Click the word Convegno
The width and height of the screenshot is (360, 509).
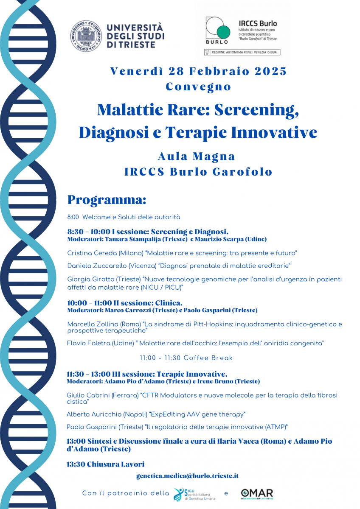(198, 87)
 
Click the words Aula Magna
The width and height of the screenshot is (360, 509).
(196, 156)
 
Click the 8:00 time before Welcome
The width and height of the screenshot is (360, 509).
(73, 217)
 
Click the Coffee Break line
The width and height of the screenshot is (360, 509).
(186, 358)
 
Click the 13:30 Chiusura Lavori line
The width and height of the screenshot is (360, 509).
(105, 464)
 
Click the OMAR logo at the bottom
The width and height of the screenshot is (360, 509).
(257, 493)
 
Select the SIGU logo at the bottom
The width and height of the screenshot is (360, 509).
(194, 494)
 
